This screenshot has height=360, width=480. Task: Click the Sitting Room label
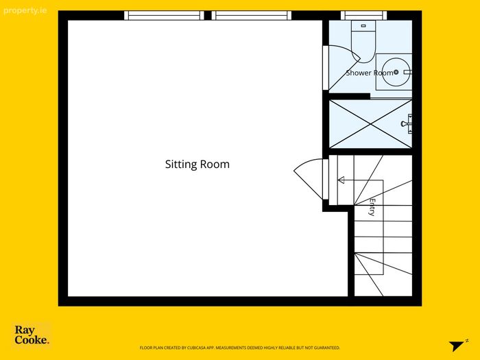197,165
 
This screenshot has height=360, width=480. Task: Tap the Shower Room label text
370,73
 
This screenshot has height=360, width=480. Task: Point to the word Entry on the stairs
372,207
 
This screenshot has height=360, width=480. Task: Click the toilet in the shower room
363,41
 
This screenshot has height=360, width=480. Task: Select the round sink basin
396,72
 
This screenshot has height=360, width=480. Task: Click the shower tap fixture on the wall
407,123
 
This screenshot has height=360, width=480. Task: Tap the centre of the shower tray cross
370,124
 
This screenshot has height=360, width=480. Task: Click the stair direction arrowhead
341,180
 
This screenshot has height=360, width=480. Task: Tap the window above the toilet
363,15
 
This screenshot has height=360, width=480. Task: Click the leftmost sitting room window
164,15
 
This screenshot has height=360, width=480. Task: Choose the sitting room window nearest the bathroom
252,15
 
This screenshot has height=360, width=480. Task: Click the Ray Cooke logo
32,335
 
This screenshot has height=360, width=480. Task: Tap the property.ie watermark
25,11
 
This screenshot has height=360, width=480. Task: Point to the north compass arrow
457,346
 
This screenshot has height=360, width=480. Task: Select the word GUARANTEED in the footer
329,348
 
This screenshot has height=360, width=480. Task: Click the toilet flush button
363,26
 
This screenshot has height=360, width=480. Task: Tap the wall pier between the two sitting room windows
208,15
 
